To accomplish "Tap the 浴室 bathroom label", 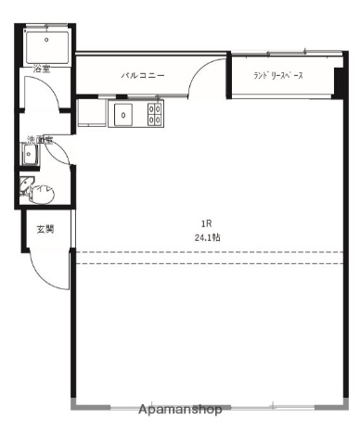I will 42,69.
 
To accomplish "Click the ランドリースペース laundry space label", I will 278,76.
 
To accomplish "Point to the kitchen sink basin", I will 123,114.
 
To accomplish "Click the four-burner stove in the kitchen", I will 155,114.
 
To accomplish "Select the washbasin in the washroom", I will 30,156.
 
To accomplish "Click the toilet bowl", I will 43,193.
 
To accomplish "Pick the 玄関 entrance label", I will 45,229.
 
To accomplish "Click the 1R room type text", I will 208,223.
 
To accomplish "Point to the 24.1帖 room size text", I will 208,237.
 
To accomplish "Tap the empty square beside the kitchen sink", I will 92,114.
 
